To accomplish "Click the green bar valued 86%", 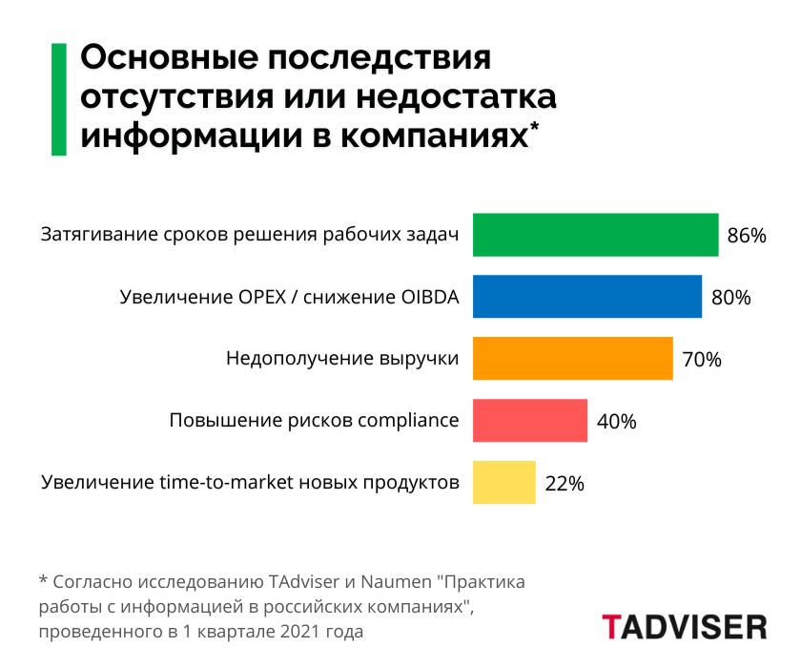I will [595, 235].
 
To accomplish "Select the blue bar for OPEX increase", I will [587, 297].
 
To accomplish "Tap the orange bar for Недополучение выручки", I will [573, 359].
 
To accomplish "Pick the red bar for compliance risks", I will [530, 421].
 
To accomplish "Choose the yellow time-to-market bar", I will [504, 482].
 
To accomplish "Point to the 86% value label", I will [747, 236].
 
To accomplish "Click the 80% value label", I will [731, 298].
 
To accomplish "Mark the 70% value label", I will [702, 360].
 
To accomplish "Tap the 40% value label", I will [616, 421].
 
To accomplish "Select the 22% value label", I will [565, 483].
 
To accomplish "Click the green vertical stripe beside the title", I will [59, 98].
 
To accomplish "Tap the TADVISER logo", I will [684, 627].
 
